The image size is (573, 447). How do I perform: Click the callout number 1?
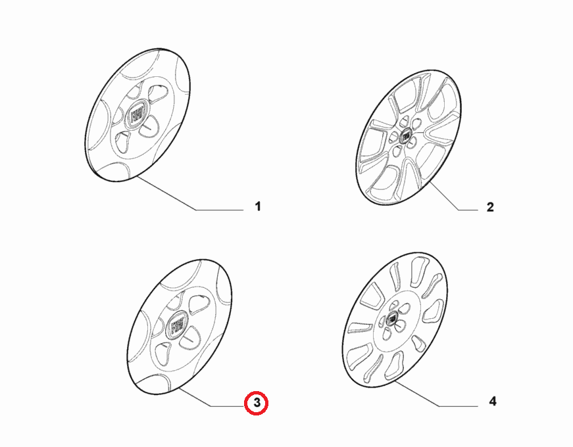coord(258,206)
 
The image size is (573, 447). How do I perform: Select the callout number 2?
coord(490,207)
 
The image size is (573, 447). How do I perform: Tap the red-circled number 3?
coord(257,403)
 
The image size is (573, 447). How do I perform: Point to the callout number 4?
coord(493,402)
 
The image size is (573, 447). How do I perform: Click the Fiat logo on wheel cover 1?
coord(137,114)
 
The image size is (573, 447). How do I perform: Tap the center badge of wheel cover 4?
coord(391,319)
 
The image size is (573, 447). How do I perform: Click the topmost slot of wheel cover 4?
coord(417,271)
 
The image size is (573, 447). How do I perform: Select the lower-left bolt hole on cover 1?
coord(123,142)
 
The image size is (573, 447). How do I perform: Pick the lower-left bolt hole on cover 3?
coord(163,354)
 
